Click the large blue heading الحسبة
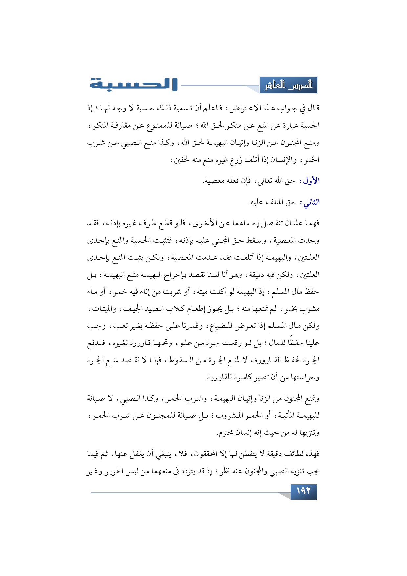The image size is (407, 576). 133,84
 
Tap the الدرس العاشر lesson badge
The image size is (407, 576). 289,85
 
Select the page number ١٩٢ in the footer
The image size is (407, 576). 303,491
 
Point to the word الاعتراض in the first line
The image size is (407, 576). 246,108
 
